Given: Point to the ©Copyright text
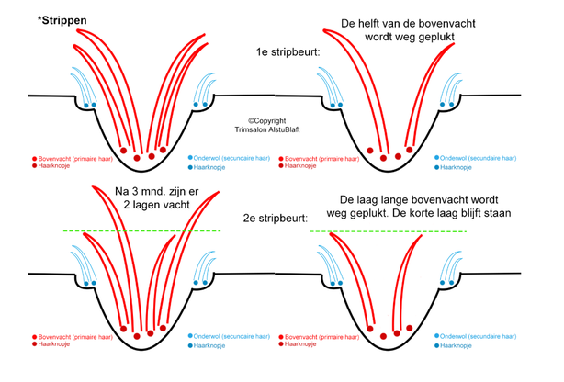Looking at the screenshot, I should [x=268, y=120].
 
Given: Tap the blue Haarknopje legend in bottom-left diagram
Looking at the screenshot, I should [x=214, y=346].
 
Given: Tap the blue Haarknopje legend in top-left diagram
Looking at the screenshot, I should [x=214, y=167].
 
